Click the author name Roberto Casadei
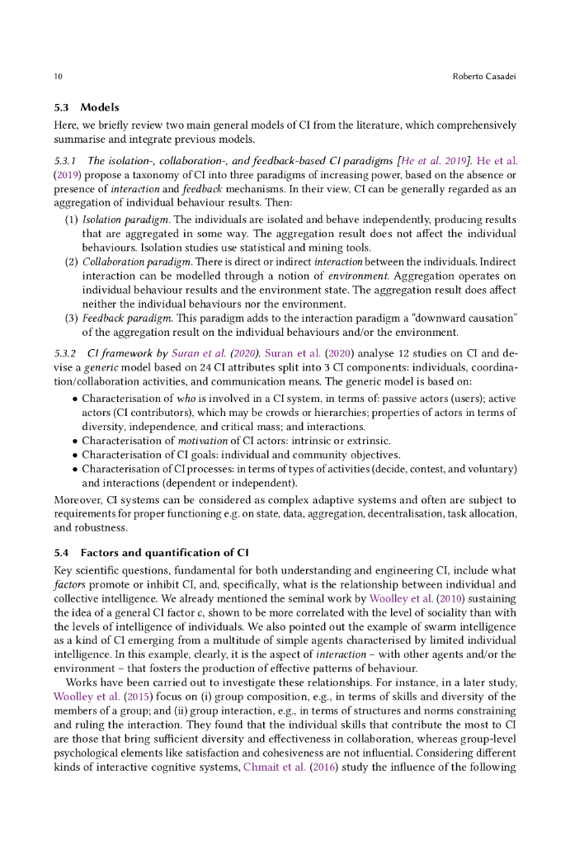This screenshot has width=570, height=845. tap(485, 77)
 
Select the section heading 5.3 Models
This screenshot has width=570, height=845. tap(87, 107)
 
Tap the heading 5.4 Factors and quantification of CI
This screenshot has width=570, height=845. tap(156, 552)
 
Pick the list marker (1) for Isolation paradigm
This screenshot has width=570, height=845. tap(72, 220)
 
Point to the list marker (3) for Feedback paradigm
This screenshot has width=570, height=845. tap(72, 318)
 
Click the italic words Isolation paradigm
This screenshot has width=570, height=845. tap(116, 220)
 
